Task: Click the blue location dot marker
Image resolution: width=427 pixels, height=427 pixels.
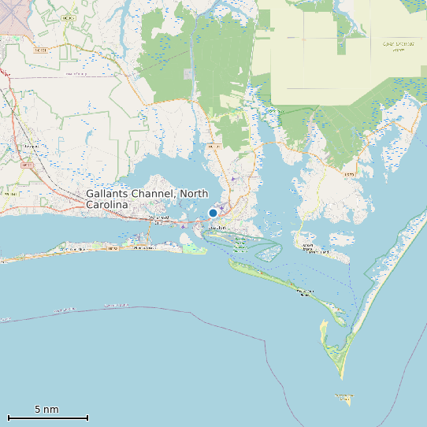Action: coord(213,213)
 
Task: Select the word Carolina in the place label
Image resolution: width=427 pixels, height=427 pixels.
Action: coord(106,205)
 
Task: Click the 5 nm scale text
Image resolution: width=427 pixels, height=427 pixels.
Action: coord(46,410)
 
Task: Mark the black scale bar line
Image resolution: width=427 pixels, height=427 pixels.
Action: coord(47,418)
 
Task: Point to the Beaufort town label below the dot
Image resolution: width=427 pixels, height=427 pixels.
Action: coord(217,228)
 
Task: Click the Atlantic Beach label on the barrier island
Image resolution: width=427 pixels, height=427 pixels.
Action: coord(145,247)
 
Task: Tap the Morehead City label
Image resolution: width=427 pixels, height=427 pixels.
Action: coord(158,218)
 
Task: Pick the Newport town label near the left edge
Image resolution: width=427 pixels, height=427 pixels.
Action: coord(32,147)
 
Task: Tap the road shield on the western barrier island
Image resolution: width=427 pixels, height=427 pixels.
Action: coord(112,248)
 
